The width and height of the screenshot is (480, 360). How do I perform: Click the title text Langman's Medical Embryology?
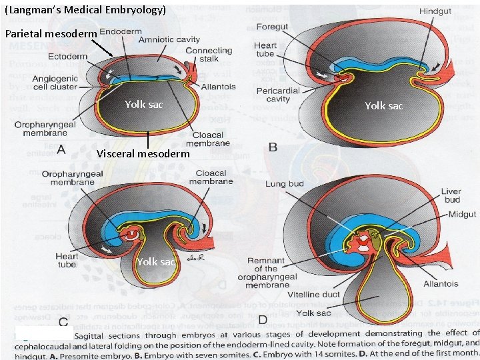[85, 10]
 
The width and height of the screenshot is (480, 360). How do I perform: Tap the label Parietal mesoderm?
[51, 33]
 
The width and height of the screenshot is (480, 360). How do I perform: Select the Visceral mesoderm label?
[143, 154]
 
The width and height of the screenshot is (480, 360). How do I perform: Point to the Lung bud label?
[286, 183]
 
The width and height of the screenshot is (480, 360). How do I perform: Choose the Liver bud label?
[451, 195]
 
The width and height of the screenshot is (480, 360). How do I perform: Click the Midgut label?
[462, 214]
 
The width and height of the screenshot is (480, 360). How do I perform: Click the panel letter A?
[61, 150]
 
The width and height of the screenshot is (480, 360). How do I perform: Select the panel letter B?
[273, 146]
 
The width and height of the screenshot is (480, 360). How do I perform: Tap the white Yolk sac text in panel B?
[383, 105]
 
